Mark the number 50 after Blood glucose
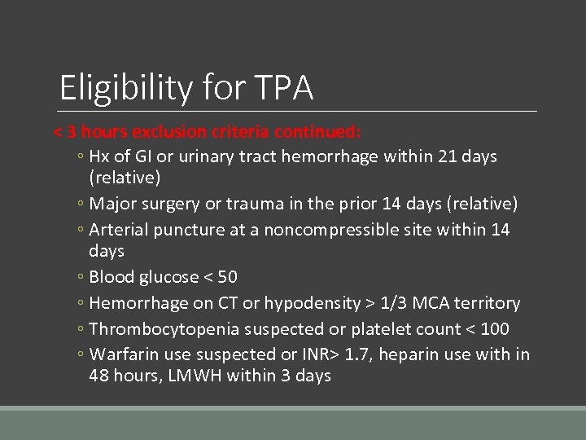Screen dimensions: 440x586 click(227, 276)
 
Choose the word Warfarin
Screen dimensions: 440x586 click(124, 354)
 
